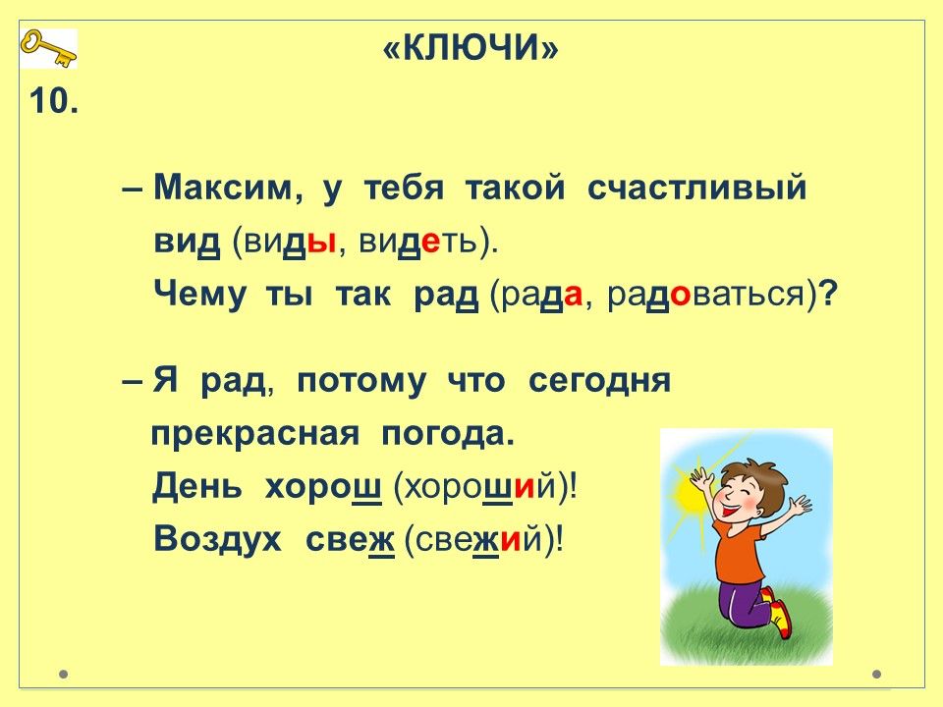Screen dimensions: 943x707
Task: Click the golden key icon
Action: (48, 48)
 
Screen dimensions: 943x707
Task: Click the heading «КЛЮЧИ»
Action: (471, 47)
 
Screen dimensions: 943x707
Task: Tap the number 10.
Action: (53, 100)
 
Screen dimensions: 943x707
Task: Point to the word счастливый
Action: (696, 188)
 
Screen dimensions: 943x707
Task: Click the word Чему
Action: (199, 296)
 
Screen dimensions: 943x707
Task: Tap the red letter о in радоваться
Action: (680, 296)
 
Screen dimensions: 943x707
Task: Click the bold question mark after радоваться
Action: (828, 295)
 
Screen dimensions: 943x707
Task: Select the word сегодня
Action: (599, 381)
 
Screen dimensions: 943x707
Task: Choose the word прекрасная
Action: (255, 435)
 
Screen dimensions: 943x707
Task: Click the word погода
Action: (448, 434)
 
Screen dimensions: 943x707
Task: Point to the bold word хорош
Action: (323, 487)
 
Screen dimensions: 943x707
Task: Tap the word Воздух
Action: (217, 539)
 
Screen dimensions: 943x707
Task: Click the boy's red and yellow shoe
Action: (782, 620)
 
